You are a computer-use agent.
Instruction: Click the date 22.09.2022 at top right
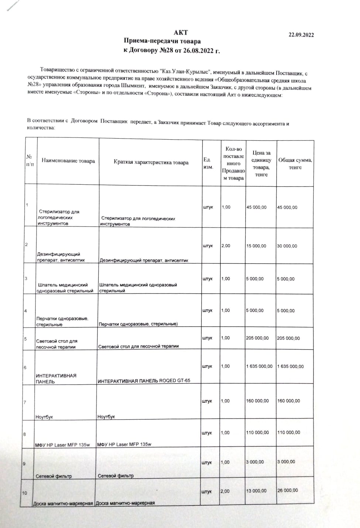point(301,35)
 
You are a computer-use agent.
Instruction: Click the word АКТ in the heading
point(181,33)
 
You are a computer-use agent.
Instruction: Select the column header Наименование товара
point(68,161)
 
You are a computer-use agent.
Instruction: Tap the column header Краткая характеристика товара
point(151,162)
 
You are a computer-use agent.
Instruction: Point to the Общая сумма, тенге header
point(295,164)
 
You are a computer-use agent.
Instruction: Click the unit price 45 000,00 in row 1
point(256,207)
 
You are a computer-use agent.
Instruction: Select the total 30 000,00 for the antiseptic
point(287,246)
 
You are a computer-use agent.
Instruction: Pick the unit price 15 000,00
point(256,246)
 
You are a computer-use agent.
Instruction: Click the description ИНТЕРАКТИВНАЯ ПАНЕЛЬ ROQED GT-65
point(144,380)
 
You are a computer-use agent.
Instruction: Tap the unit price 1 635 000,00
point(259,366)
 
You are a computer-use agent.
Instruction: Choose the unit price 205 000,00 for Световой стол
point(257,338)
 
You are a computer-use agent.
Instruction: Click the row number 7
point(25,402)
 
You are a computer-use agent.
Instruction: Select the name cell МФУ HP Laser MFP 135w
point(62,445)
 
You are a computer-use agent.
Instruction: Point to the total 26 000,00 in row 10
point(287,490)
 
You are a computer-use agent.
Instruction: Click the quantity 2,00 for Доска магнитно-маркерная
point(225,491)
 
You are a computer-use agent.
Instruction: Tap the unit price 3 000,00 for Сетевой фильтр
point(255,462)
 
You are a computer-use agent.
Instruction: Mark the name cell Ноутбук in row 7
point(44,417)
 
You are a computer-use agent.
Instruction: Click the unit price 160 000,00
point(257,401)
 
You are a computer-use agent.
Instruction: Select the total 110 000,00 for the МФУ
point(288,432)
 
